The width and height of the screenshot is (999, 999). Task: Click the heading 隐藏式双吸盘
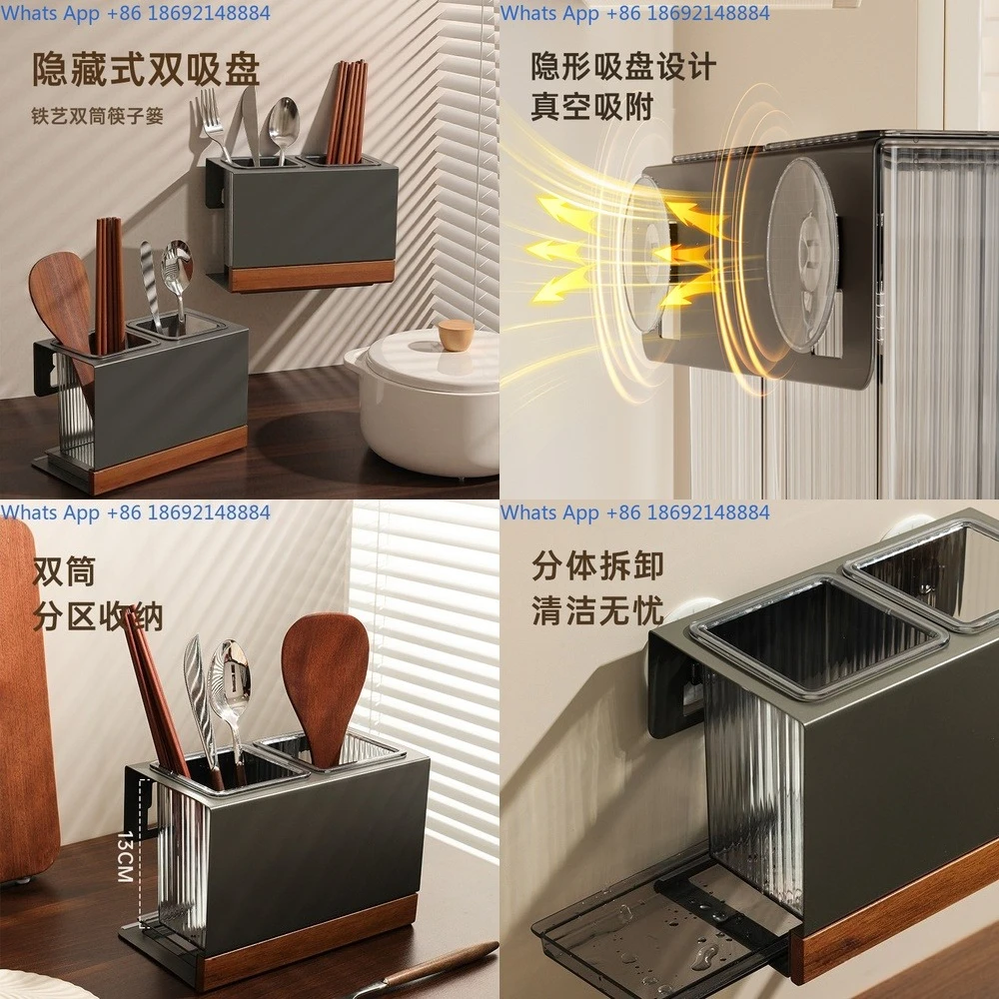pyautogui.click(x=146, y=70)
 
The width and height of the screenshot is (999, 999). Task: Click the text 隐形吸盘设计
pyautogui.click(x=623, y=67)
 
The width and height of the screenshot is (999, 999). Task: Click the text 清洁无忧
pyautogui.click(x=597, y=609)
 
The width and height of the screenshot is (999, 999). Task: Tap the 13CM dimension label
pyautogui.click(x=125, y=855)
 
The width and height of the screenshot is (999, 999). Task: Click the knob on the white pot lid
pyautogui.click(x=456, y=335)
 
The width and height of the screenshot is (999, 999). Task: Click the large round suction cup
pyautogui.click(x=801, y=254)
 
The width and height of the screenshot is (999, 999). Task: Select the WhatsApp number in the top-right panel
pyautogui.click(x=635, y=13)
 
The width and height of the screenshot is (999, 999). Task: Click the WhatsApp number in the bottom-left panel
pyautogui.click(x=136, y=512)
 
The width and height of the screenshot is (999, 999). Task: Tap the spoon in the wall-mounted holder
pyautogui.click(x=283, y=125)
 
